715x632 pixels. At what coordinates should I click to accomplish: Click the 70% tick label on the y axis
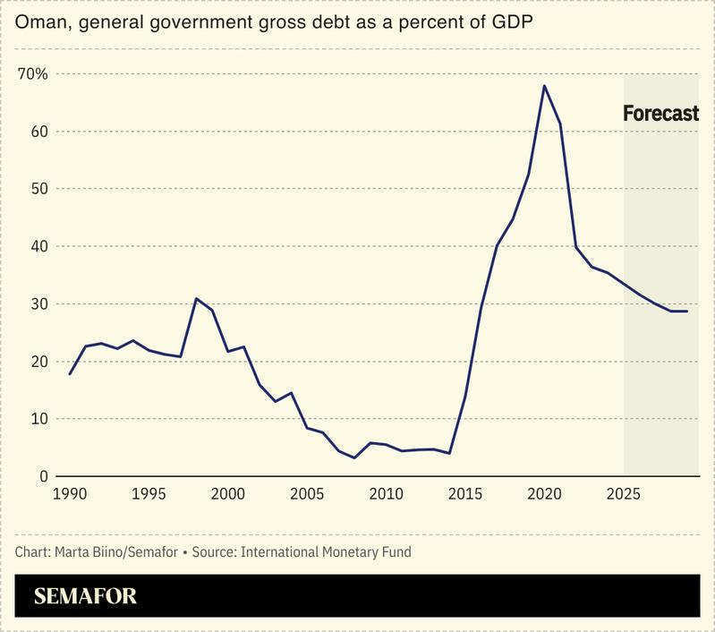click(33, 73)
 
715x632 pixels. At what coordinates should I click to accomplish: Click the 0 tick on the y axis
click(42, 476)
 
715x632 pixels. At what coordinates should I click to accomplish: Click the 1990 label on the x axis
click(71, 493)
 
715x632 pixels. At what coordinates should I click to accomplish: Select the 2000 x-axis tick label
click(228, 493)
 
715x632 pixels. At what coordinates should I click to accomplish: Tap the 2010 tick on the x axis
click(386, 493)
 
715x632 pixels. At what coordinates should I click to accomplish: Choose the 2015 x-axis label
click(464, 493)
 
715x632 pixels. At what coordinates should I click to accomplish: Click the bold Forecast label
click(660, 114)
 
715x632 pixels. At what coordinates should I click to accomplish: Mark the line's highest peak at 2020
click(544, 86)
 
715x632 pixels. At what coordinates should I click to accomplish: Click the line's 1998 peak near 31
click(196, 298)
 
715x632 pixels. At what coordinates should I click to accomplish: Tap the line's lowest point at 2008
click(354, 458)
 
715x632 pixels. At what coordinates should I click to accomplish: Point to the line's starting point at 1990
click(70, 373)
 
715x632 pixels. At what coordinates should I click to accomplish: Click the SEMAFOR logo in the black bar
click(86, 596)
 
